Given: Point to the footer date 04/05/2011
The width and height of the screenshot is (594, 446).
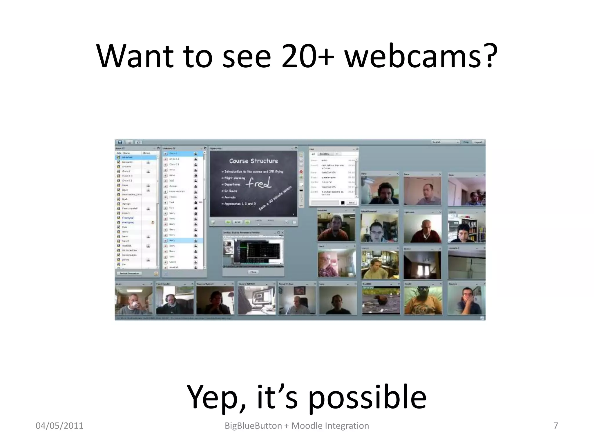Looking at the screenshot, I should pos(59,426).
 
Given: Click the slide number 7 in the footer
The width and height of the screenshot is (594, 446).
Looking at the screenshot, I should pos(556,426).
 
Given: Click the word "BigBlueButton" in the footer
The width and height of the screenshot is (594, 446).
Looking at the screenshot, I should pos(253,426).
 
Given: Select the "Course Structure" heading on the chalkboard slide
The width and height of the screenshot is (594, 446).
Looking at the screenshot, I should pos(253,161).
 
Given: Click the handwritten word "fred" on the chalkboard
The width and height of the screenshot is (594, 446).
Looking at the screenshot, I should pos(259,183).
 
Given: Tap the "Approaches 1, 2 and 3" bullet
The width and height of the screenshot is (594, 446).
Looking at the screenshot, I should pos(240,204).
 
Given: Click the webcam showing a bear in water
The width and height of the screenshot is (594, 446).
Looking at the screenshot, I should pos(381,300).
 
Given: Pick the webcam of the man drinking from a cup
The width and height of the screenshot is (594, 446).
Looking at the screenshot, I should pos(134,300).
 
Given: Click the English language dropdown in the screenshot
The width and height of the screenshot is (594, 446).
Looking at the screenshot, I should pos(445,142).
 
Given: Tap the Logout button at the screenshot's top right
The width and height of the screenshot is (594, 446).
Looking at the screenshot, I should pos(478,142).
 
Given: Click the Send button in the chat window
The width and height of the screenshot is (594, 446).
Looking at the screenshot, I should pos(352,202).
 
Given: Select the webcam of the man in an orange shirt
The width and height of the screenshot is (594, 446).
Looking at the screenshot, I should pos(423,300).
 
